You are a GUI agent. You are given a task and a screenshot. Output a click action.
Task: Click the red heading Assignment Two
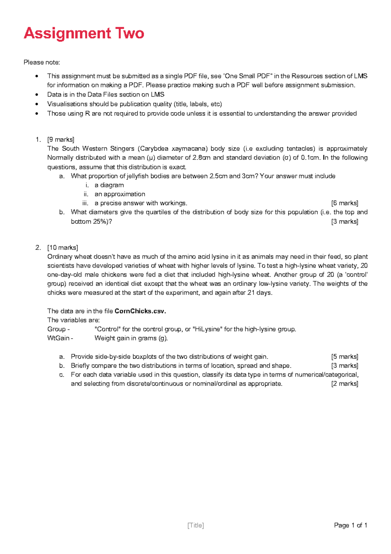[84, 33]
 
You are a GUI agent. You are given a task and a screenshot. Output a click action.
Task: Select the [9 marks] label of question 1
[61, 140]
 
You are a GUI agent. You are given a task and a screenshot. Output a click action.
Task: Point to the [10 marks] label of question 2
[63, 248]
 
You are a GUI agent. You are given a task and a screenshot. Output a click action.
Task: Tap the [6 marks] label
[344, 203]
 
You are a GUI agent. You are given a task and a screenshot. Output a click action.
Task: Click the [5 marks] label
[344, 357]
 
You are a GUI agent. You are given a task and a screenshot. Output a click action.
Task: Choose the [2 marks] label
[344, 384]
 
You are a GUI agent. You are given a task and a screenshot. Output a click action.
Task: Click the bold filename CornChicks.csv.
[140, 311]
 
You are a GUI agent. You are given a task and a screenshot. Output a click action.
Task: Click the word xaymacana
[189, 149]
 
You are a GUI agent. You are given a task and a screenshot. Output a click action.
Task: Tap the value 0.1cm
[310, 158]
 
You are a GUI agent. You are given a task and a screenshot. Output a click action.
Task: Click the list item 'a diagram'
[109, 185]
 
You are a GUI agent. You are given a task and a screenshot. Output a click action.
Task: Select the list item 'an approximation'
[120, 194]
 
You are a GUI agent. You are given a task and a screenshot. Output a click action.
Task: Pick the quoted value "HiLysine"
[207, 329]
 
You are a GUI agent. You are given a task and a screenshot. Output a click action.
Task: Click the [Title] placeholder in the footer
[195, 525]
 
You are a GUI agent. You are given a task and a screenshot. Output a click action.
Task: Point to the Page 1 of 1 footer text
[351, 525]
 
